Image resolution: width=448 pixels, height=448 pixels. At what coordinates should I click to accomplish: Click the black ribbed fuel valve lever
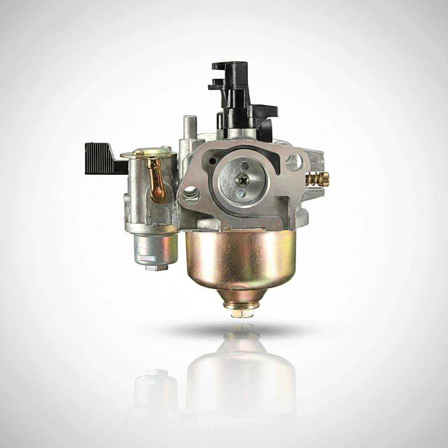point(100,158)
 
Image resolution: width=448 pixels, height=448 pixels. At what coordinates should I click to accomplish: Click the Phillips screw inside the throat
point(242,179)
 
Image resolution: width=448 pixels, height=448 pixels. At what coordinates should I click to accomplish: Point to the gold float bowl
point(241,258)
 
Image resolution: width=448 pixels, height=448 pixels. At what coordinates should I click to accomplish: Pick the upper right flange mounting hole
point(294,162)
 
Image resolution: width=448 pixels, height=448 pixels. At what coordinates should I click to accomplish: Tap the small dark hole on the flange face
point(213,161)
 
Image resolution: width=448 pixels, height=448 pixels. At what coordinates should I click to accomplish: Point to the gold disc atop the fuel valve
point(149,154)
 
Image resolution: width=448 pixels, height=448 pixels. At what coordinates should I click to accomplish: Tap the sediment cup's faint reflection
point(156,389)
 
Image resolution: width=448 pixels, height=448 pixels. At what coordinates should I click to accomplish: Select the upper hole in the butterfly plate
point(244,165)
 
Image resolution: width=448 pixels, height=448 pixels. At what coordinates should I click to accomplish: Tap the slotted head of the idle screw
point(326,178)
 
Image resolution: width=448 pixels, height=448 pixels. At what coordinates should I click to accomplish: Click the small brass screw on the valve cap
point(138,153)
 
